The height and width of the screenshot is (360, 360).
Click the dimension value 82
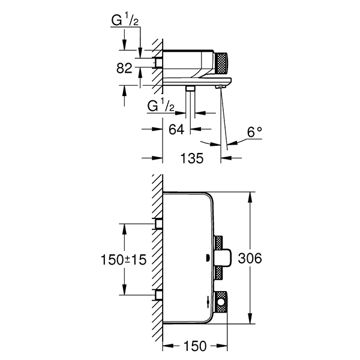124,68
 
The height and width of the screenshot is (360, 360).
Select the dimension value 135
192,158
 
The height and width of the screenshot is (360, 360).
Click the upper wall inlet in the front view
159,224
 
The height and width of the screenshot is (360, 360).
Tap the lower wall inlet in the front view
159,294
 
